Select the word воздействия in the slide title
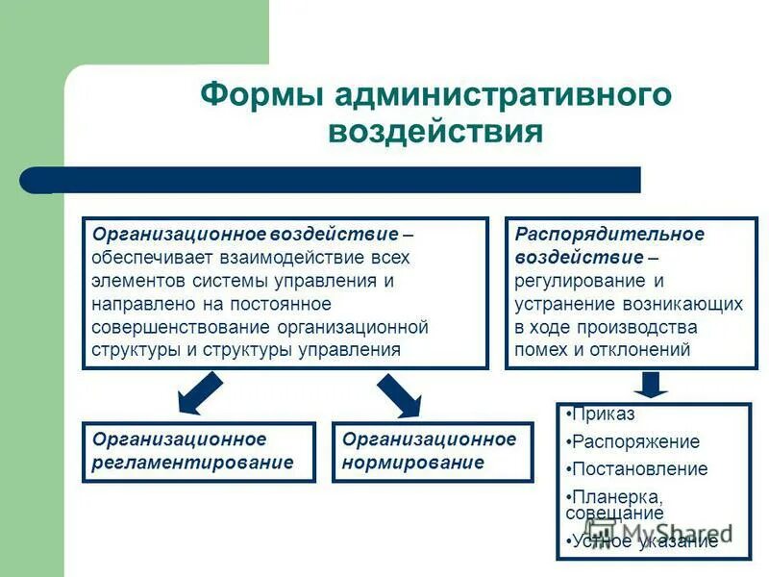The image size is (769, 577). tap(435, 131)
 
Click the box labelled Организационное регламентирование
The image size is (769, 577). tap(198, 452)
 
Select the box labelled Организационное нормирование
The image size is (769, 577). tap(432, 452)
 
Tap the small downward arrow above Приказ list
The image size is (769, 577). tap(651, 385)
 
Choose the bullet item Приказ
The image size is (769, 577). tap(603, 414)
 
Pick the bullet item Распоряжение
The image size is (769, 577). tap(635, 442)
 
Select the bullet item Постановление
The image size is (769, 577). tap(639, 469)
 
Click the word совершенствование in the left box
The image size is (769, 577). tap(182, 327)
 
